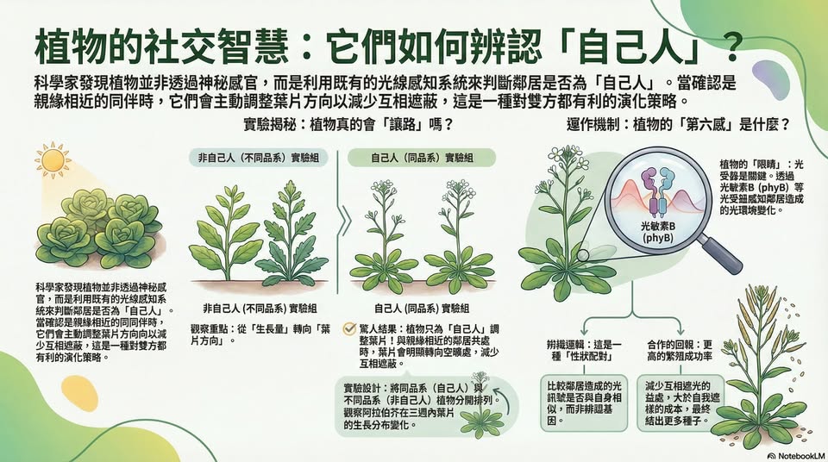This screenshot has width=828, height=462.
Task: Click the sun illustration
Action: click(53, 159)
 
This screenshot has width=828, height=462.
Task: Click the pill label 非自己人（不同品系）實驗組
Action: click(258, 158)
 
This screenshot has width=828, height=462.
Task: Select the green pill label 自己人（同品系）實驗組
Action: click(422, 158)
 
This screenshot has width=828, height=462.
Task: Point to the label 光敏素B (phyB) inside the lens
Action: click(657, 232)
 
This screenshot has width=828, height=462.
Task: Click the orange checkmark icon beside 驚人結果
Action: click(349, 329)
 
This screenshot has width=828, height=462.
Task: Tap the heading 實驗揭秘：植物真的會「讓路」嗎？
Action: click(348, 125)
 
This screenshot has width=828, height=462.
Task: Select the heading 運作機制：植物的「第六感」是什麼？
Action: click(679, 125)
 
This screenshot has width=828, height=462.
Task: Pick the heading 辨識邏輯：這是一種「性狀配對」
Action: click(584, 350)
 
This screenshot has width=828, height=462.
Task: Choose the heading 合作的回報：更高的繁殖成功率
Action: click(680, 350)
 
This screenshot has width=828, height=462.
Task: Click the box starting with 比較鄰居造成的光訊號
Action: click(584, 403)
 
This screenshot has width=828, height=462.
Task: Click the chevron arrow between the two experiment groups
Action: click(344, 222)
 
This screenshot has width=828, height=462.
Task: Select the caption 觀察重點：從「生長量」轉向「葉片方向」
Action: click(260, 334)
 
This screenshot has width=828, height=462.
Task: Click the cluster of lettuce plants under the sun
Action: click(99, 228)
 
